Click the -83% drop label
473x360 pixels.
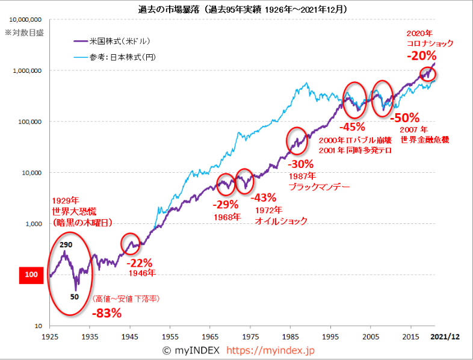coord(107,312)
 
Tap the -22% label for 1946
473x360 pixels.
coord(140,262)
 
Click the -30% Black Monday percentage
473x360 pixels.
coord(300,164)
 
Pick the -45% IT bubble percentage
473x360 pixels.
coord(352,127)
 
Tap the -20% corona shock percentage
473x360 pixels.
coord(421,55)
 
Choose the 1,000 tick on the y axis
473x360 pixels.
coord(32,223)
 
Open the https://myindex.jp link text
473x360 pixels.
coord(274,350)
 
